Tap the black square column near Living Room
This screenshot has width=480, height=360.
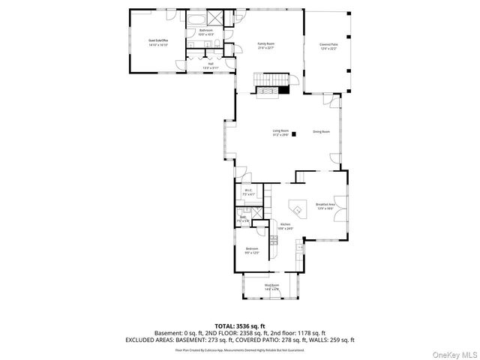point(295,134)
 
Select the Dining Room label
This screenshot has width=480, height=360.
point(322,131)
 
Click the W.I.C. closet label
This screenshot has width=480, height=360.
point(250,193)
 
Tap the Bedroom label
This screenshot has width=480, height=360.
point(252,250)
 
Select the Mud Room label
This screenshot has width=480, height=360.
point(271,286)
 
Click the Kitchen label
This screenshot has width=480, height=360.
point(285,226)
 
